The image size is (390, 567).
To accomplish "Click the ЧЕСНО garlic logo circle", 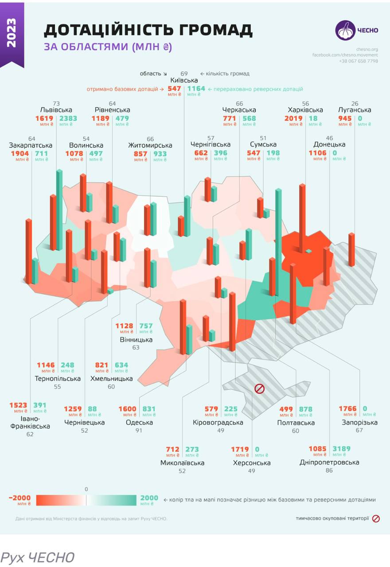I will click(x=345, y=31).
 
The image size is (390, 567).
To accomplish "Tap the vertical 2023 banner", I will click(x=12, y=33).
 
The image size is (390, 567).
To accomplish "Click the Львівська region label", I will click(x=56, y=110).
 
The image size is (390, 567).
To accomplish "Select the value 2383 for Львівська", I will click(x=68, y=118).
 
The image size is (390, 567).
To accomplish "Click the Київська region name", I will click(x=184, y=80).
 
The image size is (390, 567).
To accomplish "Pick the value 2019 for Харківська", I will click(x=293, y=118).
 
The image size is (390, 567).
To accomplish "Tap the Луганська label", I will click(x=355, y=110).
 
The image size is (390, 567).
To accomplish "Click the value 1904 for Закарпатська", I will click(x=19, y=153).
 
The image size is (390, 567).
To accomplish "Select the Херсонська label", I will click(x=252, y=463).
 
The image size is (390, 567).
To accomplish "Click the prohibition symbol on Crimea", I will click(x=259, y=389).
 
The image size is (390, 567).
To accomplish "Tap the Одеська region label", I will click(x=139, y=422).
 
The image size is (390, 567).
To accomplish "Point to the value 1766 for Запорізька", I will click(x=348, y=409).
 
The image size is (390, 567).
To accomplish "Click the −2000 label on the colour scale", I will click(x=20, y=498).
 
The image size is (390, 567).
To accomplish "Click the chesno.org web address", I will click(x=367, y=49).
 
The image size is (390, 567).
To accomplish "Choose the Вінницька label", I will click(x=136, y=340).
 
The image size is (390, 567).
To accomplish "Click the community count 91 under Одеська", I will click(x=139, y=431).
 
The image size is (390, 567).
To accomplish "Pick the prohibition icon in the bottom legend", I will click(x=376, y=518).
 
